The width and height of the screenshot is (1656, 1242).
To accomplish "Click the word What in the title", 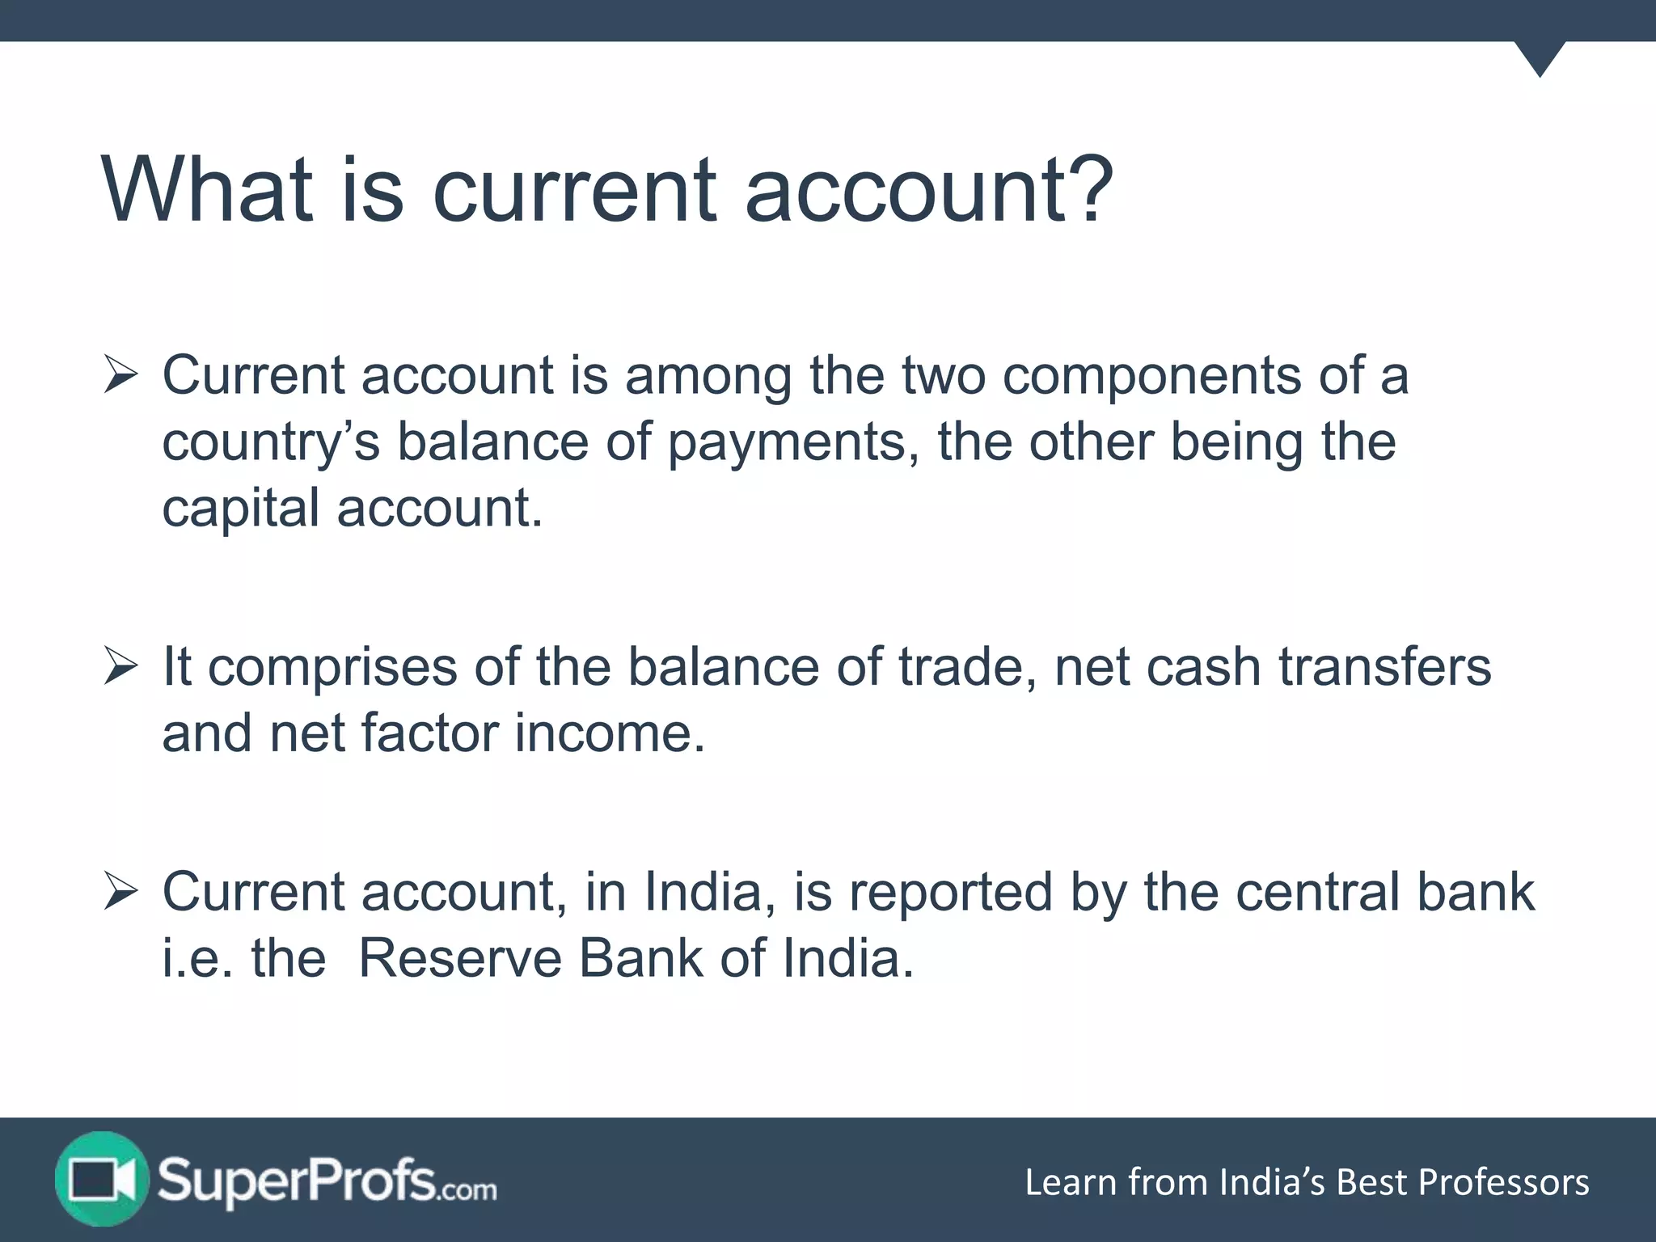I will pyautogui.click(x=207, y=190).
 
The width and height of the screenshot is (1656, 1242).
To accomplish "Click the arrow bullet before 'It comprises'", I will pyautogui.click(x=120, y=668).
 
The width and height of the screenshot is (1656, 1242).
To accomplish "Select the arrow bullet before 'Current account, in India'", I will pyautogui.click(x=120, y=893).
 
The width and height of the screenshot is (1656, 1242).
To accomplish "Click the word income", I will pyautogui.click(x=610, y=733).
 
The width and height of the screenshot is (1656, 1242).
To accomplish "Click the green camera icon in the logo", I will pyautogui.click(x=101, y=1180).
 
